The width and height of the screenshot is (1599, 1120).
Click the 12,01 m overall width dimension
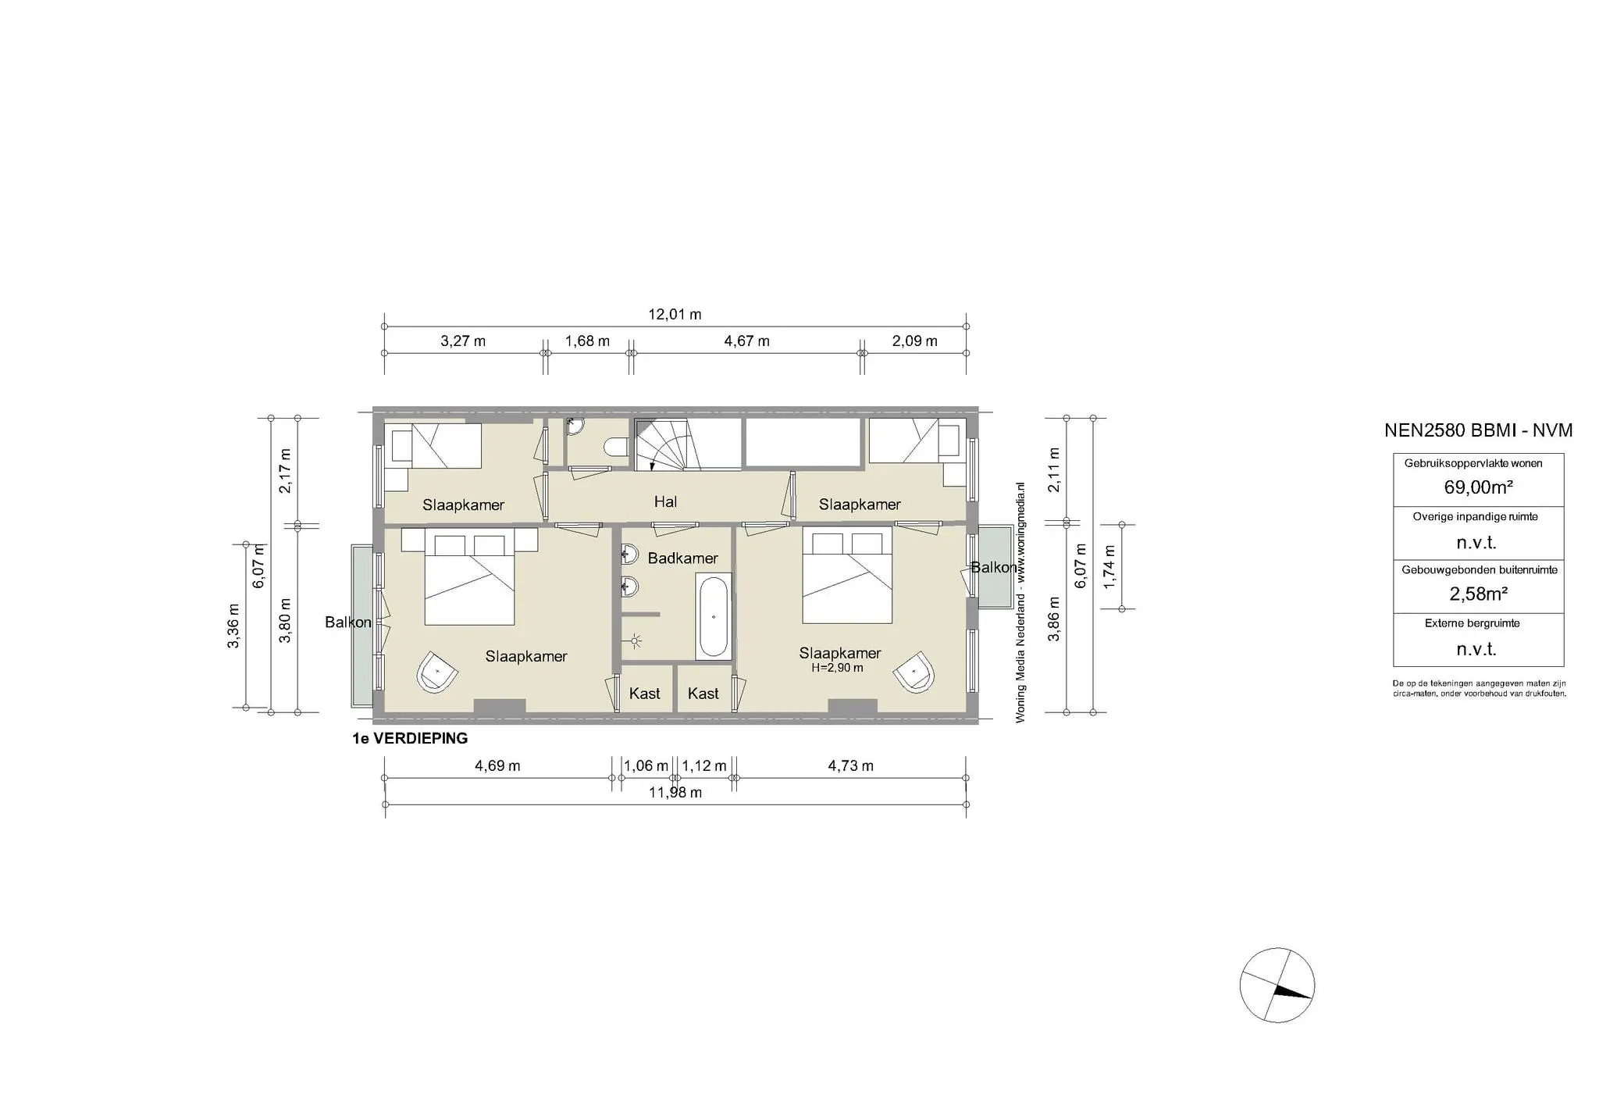pyautogui.click(x=675, y=315)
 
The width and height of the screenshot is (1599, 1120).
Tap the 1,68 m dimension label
pyautogui.click(x=587, y=341)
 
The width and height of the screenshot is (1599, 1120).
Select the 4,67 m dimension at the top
pyautogui.click(x=747, y=341)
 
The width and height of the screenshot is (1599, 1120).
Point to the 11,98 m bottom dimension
pyautogui.click(x=675, y=793)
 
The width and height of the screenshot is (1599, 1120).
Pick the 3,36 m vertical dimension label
pyautogui.click(x=233, y=626)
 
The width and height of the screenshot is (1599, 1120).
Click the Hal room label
pyautogui.click(x=665, y=502)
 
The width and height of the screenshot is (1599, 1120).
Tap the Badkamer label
pyautogui.click(x=682, y=558)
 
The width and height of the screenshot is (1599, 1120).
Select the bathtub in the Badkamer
pyautogui.click(x=714, y=616)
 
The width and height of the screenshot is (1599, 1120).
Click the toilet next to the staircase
pyautogui.click(x=617, y=446)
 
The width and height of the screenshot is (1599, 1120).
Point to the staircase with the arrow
pyautogui.click(x=687, y=444)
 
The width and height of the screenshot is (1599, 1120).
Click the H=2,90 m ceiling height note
pyautogui.click(x=837, y=668)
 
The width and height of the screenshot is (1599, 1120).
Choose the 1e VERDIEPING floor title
pyautogui.click(x=410, y=738)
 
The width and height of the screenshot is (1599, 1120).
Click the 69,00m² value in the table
pyautogui.click(x=1478, y=487)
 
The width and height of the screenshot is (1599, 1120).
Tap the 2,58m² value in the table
pyautogui.click(x=1478, y=594)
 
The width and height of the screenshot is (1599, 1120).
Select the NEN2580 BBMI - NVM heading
pyautogui.click(x=1478, y=430)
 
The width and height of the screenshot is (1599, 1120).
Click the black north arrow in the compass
pyautogui.click(x=1292, y=992)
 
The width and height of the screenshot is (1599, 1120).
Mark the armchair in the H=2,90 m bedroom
pyautogui.click(x=915, y=671)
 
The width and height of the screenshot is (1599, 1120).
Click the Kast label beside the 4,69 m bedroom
pyautogui.click(x=644, y=694)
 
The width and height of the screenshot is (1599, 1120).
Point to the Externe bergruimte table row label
pyautogui.click(x=1477, y=623)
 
